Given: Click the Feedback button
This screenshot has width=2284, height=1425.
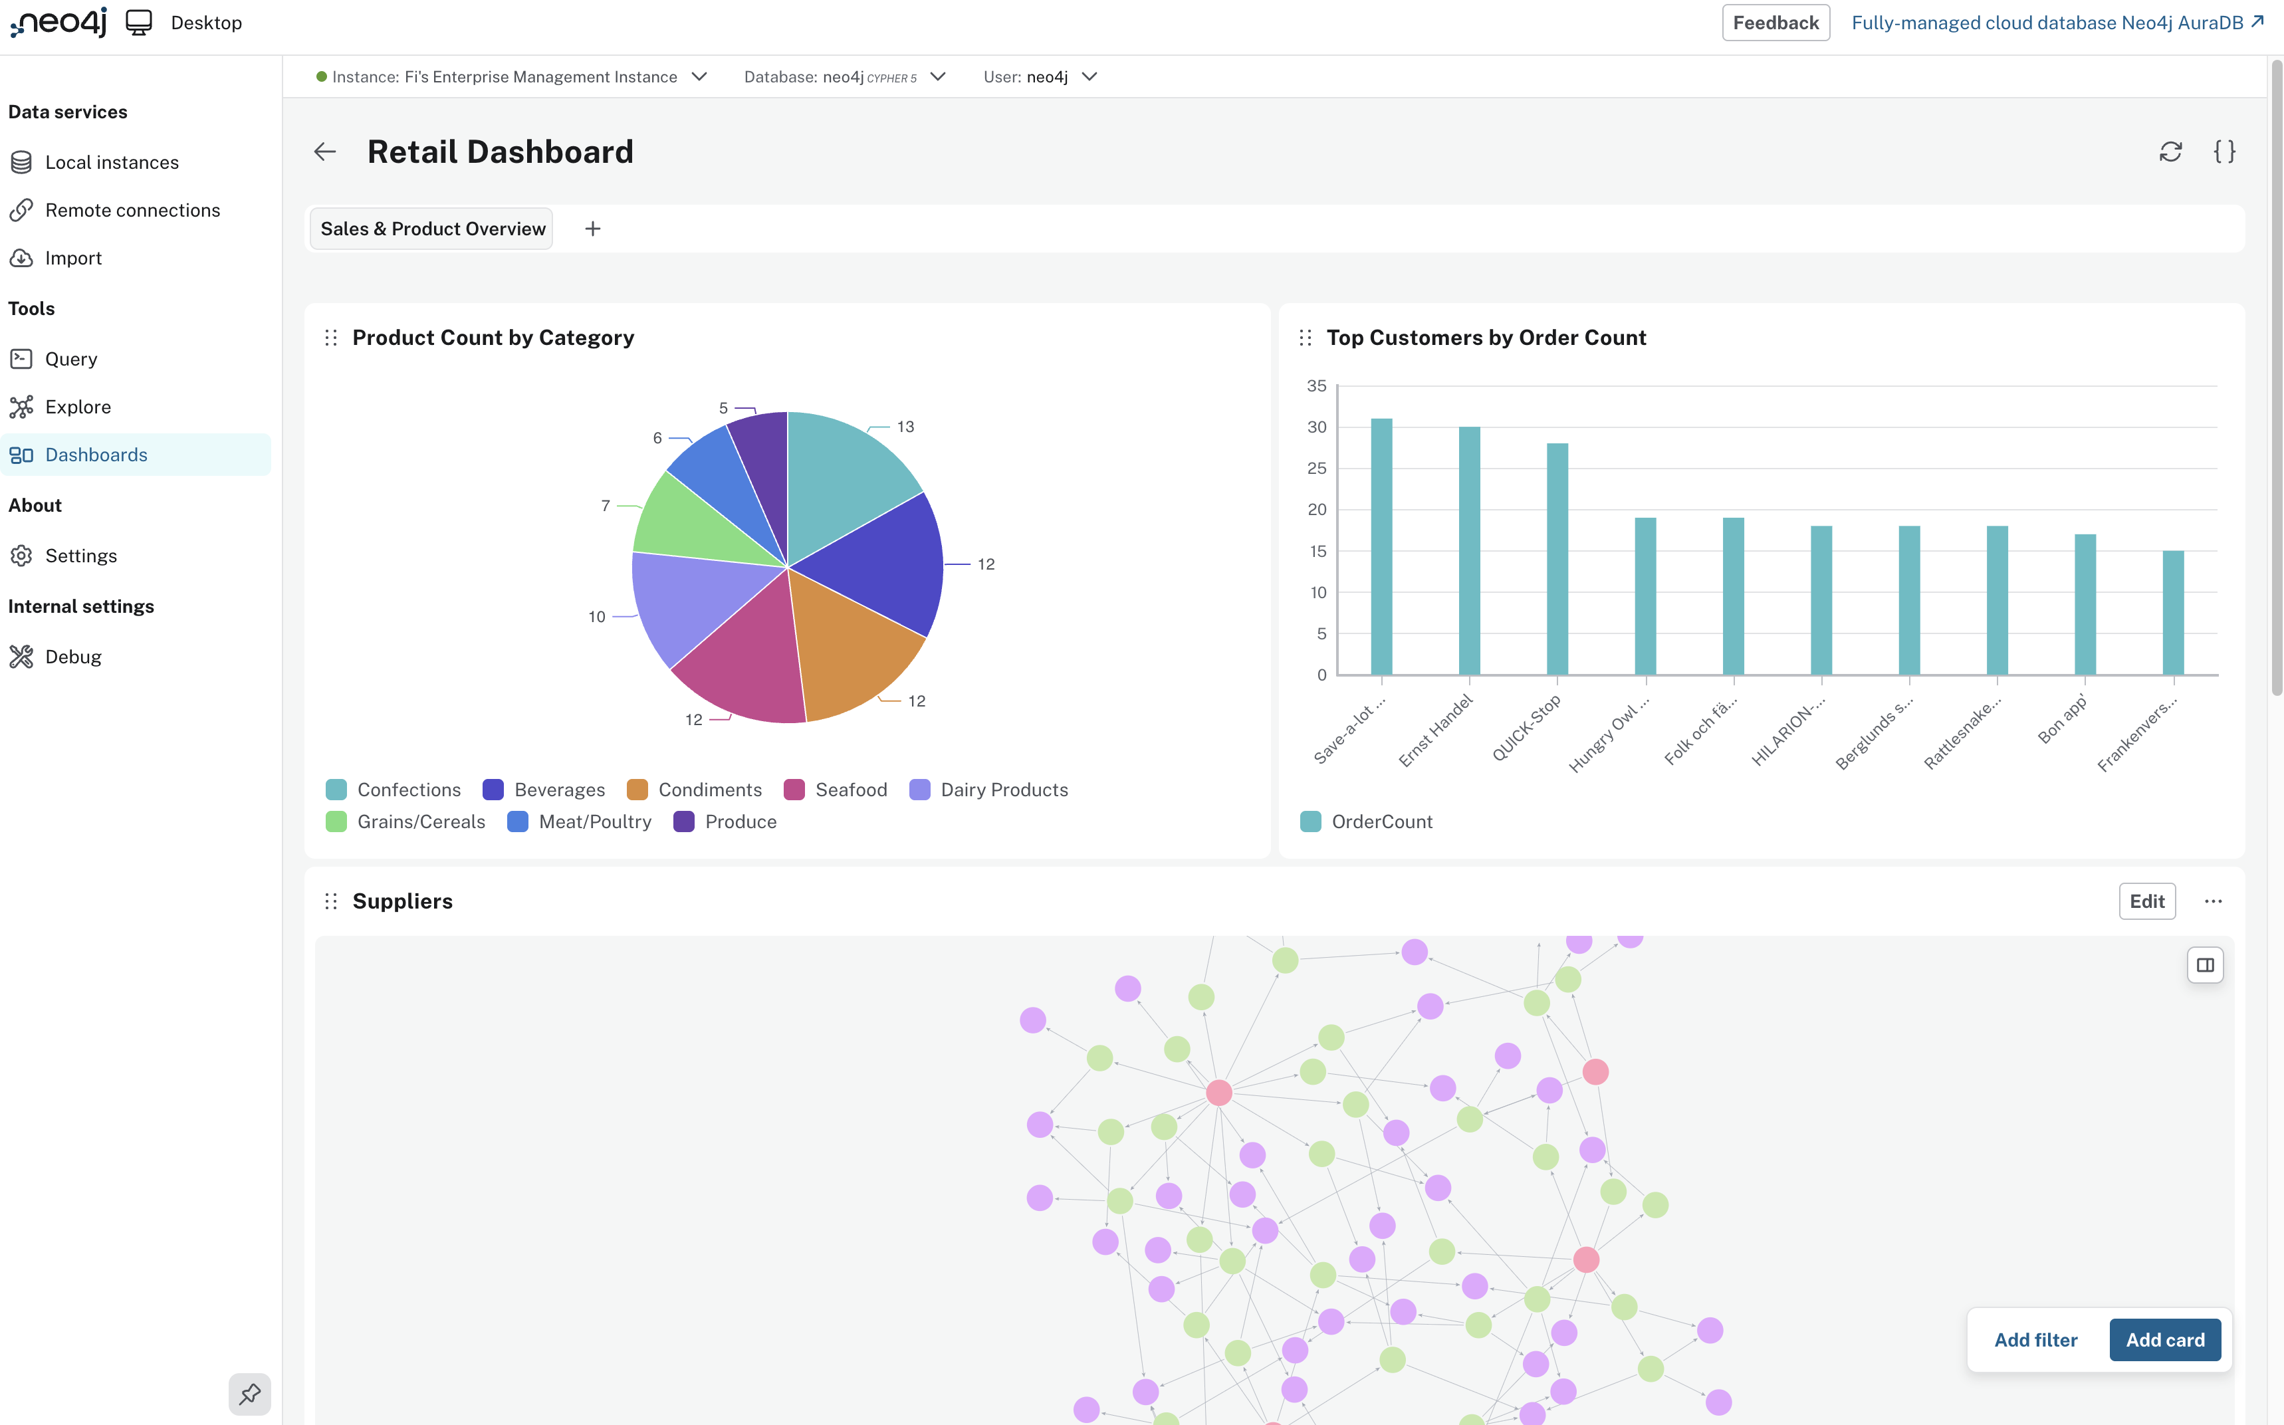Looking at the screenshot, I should tap(1775, 23).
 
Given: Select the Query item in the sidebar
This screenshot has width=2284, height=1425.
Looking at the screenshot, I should tap(70, 359).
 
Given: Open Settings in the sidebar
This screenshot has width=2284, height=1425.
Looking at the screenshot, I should tap(81, 556).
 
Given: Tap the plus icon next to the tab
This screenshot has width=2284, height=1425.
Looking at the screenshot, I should tap(593, 229).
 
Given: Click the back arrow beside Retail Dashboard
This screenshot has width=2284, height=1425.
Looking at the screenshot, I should tap(325, 152).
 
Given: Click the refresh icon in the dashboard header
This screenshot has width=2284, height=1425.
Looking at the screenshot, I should tap(2170, 152).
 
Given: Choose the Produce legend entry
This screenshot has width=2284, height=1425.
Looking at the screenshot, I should tap(726, 822).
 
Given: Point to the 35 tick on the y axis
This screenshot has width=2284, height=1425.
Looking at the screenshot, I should tap(1317, 386).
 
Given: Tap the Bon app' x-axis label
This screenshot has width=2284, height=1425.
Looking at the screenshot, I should tap(2063, 721).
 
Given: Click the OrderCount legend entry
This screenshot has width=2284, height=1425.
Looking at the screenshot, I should tap(1367, 822).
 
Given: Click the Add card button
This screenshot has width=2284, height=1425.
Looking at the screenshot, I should tap(2164, 1340).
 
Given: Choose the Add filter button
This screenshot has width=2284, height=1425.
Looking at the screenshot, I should tap(2035, 1340).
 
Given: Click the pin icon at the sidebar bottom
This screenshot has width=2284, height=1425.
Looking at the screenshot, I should tap(250, 1394).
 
